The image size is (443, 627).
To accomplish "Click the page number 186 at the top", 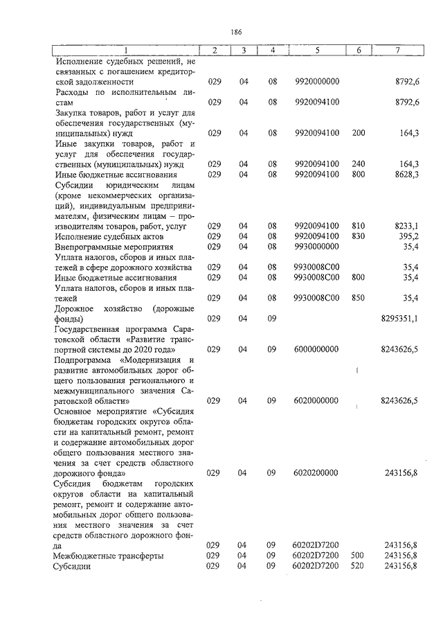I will click(236, 31).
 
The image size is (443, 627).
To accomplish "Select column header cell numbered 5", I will click(316, 51).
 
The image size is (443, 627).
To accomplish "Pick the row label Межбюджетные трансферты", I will click(109, 556).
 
